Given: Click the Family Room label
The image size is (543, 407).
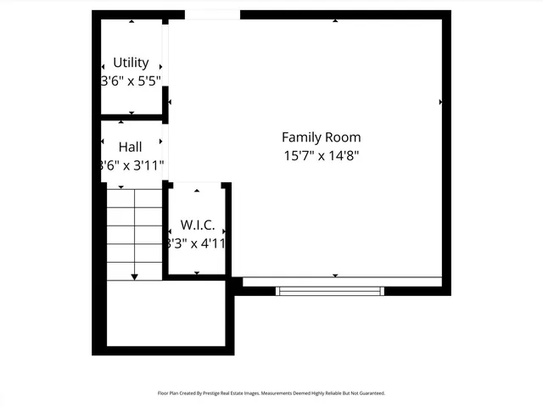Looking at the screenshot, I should pyautogui.click(x=321, y=137).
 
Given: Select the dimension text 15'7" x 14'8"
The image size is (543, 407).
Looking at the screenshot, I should pyautogui.click(x=321, y=156).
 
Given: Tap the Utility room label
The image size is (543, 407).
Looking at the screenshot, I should pyautogui.click(x=131, y=63).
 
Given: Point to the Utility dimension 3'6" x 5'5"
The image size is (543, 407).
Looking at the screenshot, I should pyautogui.click(x=131, y=81).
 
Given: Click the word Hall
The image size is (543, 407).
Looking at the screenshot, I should pyautogui.click(x=131, y=147).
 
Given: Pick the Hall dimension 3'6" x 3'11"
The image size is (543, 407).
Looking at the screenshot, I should pyautogui.click(x=131, y=165).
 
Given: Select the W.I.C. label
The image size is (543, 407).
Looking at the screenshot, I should pyautogui.click(x=197, y=226).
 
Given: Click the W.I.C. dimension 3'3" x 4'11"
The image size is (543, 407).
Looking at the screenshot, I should pyautogui.click(x=197, y=244).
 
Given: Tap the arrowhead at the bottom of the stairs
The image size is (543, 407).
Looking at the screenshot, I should pyautogui.click(x=134, y=276).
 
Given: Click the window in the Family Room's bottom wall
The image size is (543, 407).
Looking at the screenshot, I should pyautogui.click(x=330, y=291).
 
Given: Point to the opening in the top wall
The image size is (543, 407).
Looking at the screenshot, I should pyautogui.click(x=212, y=14).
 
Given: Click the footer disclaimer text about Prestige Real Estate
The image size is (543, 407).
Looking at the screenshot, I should pyautogui.click(x=271, y=393).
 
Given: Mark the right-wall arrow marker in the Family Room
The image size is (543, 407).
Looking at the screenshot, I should pyautogui.click(x=440, y=102).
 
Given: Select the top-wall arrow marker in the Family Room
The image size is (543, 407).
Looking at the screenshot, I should pyautogui.click(x=335, y=20).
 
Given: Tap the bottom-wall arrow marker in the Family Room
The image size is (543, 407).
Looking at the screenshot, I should pyautogui.click(x=335, y=276).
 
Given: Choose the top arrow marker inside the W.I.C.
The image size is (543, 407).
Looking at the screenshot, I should pyautogui.click(x=197, y=191).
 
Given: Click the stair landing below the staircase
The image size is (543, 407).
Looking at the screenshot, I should pyautogui.click(x=165, y=314).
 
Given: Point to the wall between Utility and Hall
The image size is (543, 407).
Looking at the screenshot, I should pyautogui.click(x=132, y=117).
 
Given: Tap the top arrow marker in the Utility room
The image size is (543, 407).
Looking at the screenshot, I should pyautogui.click(x=131, y=21).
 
